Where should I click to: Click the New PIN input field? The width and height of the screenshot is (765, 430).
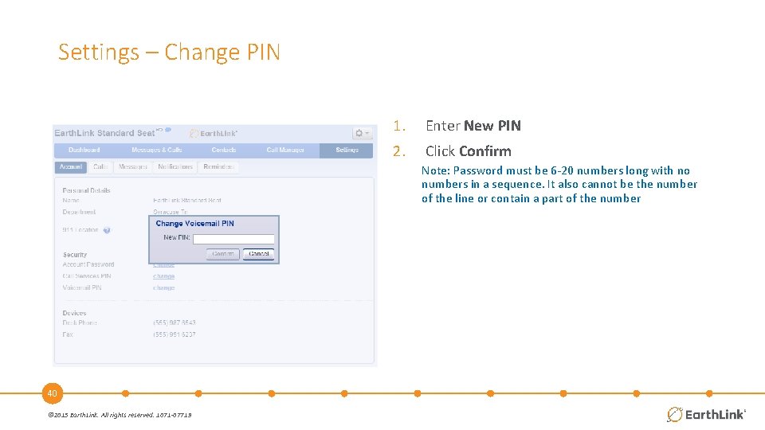pos(233,239)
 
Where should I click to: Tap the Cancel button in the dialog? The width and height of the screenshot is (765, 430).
pos(259,254)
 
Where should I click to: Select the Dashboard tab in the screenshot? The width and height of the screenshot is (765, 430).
pos(84,150)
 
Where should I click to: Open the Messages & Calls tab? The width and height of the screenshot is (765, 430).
pos(156,150)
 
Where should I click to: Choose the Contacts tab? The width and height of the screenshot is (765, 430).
pos(224,150)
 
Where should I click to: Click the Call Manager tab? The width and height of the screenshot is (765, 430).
pos(286,150)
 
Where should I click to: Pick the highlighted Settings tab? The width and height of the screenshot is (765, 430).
pos(347,150)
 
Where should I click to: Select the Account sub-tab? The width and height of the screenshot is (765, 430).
pos(71,167)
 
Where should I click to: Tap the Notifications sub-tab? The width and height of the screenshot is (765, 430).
pos(175,167)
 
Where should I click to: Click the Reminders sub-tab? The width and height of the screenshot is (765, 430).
pos(218,167)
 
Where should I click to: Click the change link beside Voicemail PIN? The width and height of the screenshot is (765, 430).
pos(163,288)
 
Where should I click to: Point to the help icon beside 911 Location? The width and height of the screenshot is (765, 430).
pos(107,230)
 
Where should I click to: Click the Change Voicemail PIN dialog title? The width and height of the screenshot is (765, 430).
pos(194,224)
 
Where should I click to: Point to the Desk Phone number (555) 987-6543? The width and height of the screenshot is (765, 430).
pos(175,323)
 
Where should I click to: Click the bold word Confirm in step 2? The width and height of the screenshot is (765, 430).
pos(484,151)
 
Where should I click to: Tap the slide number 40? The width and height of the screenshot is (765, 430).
pos(52,393)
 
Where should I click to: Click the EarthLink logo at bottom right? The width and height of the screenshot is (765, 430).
pos(706,414)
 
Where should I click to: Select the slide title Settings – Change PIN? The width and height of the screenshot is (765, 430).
pos(169,53)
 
